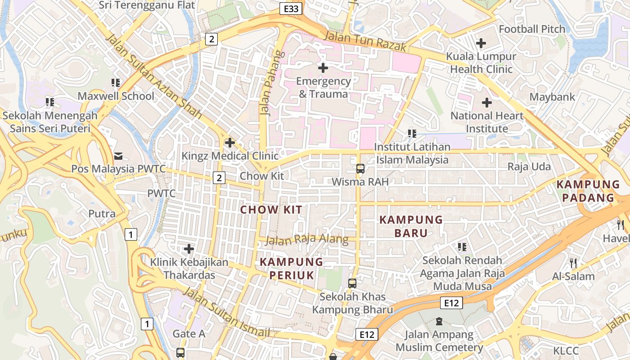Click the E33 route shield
click(291, 9)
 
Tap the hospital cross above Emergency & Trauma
click(323, 68)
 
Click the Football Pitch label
click(532, 29)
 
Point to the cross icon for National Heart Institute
click(486, 103)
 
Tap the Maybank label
click(552, 97)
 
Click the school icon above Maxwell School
click(116, 83)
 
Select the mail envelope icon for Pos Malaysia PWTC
click(118, 156)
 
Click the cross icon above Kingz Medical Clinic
click(230, 143)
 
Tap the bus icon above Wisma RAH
click(360, 169)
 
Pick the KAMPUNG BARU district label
click(411, 226)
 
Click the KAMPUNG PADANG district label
click(588, 191)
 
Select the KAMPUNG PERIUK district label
click(292, 269)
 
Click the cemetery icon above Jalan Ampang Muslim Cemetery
click(439, 321)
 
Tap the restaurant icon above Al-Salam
click(573, 263)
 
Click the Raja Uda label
click(529, 166)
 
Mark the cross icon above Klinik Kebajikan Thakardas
click(189, 248)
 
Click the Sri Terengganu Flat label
click(147, 5)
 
